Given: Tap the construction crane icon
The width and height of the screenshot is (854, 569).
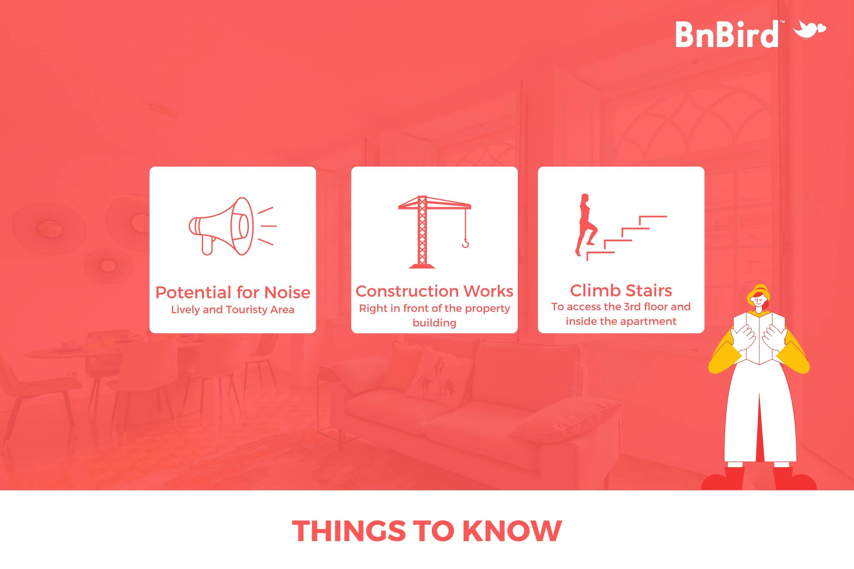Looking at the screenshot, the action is point(434,232).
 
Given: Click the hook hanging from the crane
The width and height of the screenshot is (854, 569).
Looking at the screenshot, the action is point(465,243).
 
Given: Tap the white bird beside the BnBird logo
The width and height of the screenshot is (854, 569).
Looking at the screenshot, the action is point(810,29).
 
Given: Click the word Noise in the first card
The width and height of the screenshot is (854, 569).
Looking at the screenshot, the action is point(287,292).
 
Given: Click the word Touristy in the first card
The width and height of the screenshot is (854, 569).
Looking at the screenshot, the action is point(247,310).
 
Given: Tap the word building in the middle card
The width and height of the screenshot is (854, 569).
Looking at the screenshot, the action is point(434,323).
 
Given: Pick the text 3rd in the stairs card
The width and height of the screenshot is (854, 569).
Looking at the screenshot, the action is point(632,307).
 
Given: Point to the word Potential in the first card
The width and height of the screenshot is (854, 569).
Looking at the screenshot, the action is point(193,292).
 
